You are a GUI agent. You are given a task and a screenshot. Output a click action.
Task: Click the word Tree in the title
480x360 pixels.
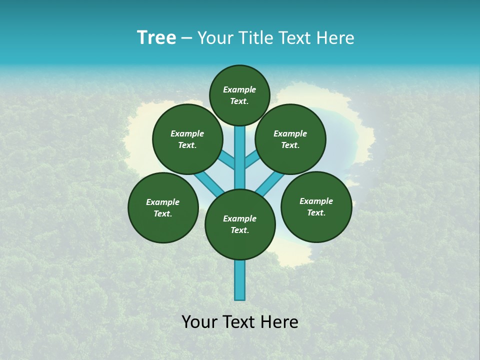[156, 38]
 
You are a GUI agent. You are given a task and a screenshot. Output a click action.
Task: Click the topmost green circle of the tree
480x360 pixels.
[239, 95]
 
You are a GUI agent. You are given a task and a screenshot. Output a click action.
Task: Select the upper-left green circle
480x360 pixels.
[187, 139]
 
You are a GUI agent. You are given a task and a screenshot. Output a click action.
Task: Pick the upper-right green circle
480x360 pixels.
[290, 139]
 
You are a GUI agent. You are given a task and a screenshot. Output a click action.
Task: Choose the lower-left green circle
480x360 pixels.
[163, 207]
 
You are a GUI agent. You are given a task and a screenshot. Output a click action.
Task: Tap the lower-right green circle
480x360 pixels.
[316, 206]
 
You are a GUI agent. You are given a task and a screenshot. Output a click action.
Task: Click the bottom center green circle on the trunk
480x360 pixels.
[240, 224]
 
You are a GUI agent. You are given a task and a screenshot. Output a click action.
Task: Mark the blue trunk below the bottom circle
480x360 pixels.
[240, 280]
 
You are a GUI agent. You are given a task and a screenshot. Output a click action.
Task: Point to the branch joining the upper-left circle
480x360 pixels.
[227, 160]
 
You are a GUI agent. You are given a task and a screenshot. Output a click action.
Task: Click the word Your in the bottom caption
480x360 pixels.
[198, 322]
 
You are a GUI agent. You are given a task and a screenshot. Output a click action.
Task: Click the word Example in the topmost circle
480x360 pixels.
[239, 89]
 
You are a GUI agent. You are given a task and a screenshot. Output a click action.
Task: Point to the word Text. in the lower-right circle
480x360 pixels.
[316, 212]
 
